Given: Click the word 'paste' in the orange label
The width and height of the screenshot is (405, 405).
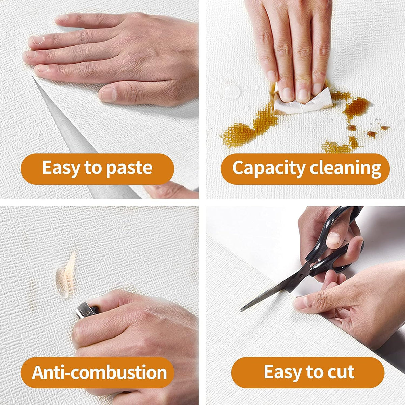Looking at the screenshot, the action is tap(129, 168).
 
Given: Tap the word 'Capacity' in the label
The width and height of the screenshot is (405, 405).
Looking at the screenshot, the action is tap(269, 168).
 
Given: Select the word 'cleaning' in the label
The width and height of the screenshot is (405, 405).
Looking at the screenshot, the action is tap(345, 168).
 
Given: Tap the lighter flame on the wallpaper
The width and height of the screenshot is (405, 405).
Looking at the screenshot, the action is tap(67, 275).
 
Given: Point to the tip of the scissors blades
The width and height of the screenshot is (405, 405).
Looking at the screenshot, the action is tap(241, 310).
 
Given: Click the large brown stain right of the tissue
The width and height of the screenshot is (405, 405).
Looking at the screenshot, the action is tap(357, 107).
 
